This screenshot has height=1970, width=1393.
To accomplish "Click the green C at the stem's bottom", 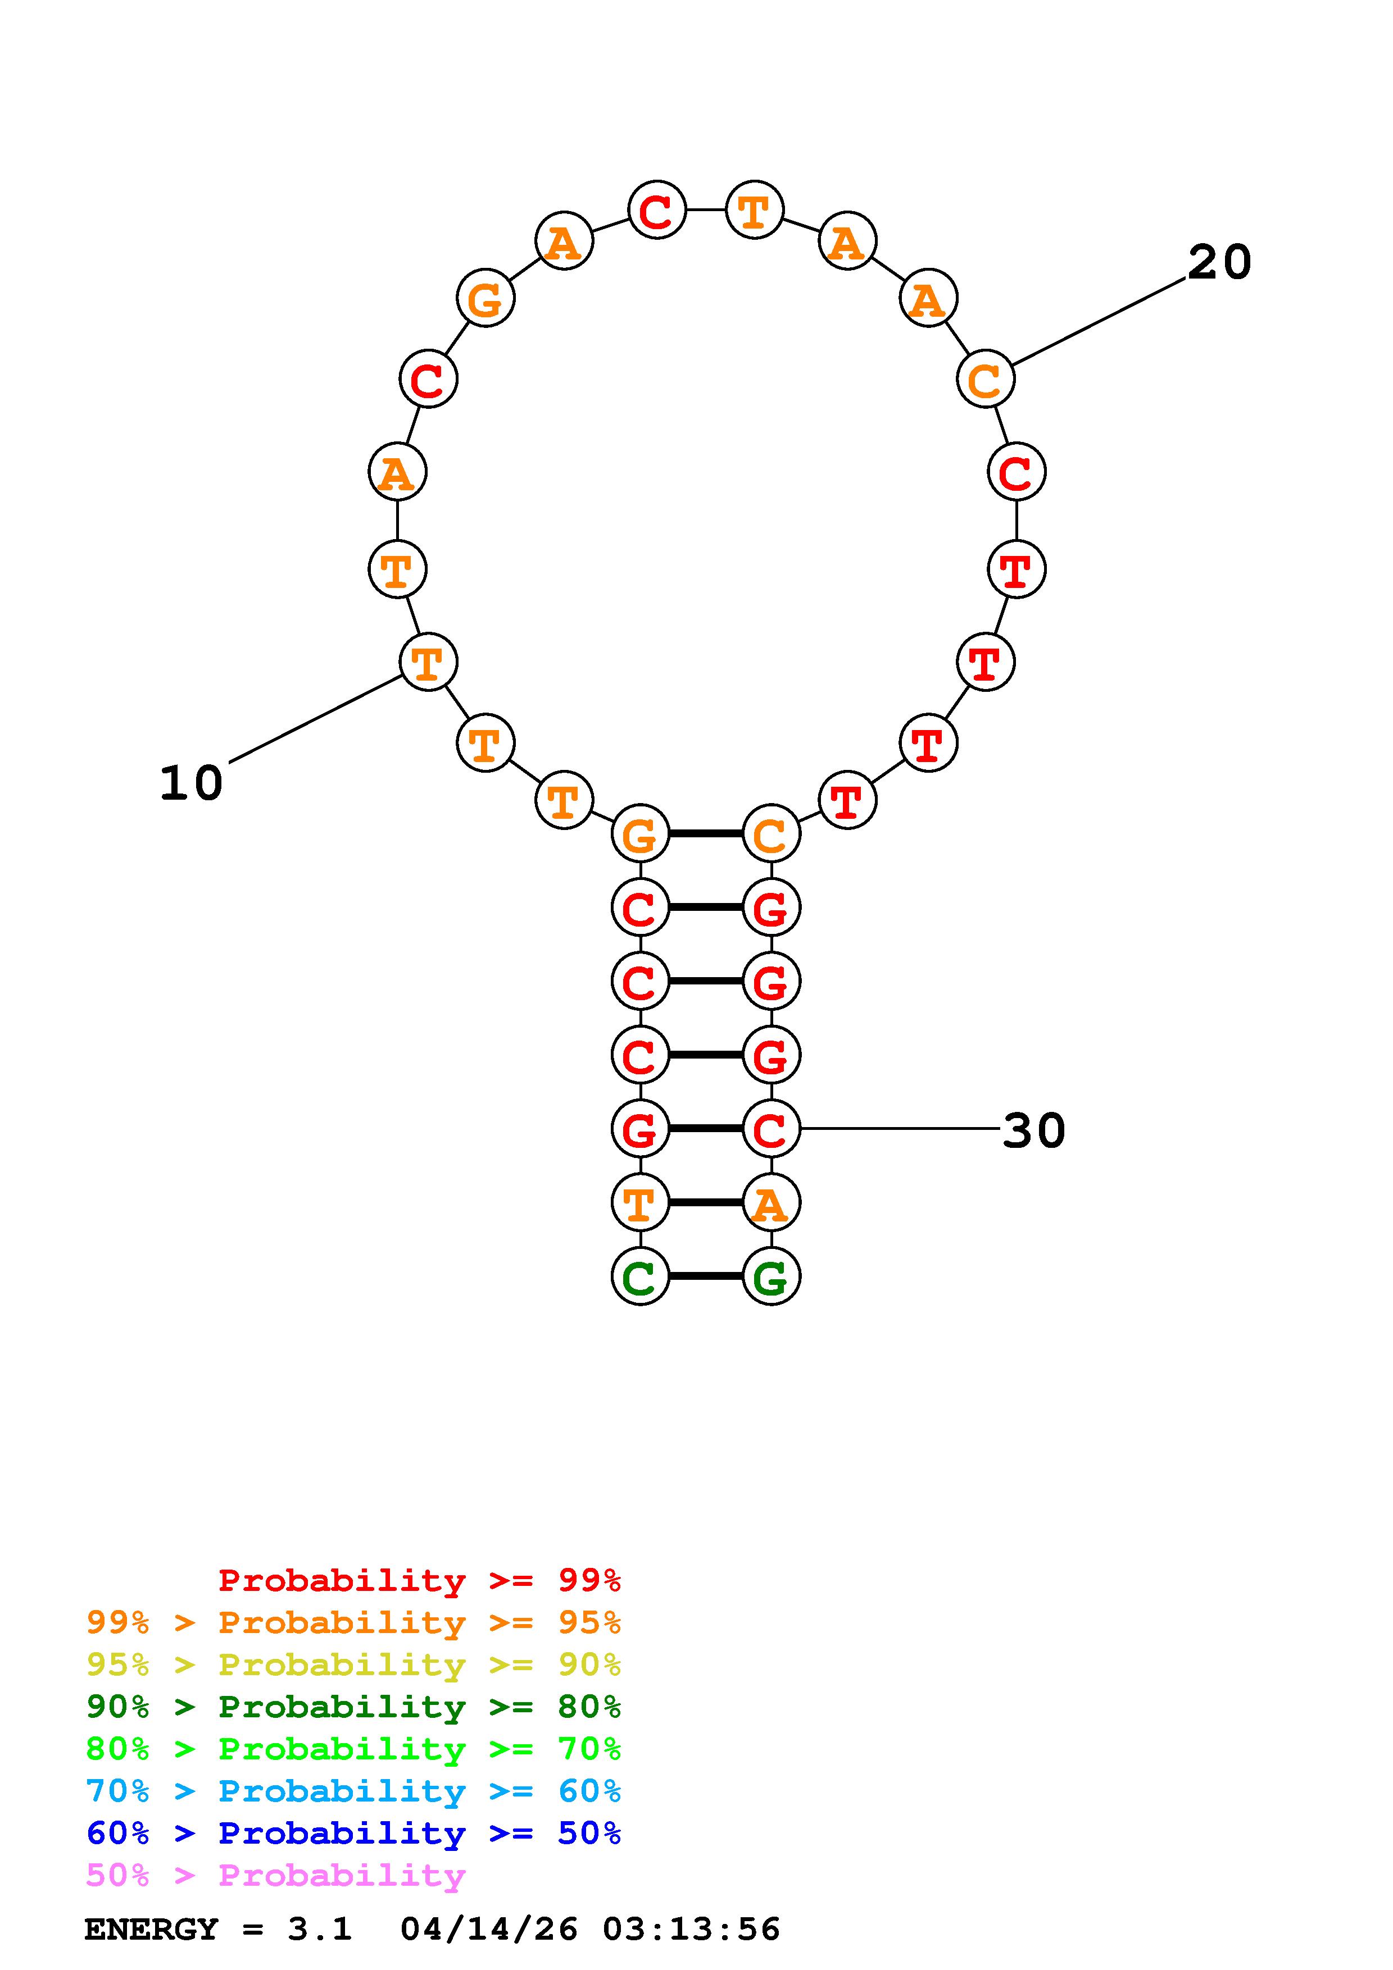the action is [x=640, y=1276].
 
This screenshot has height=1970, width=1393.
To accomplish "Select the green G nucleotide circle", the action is [x=772, y=1276].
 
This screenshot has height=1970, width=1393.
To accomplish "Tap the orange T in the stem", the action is [x=640, y=1202].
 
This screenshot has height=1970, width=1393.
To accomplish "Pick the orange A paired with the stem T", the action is [x=772, y=1202].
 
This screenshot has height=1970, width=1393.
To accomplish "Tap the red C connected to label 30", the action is [x=772, y=1128].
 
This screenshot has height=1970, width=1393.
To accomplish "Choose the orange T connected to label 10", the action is [x=428, y=662].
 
